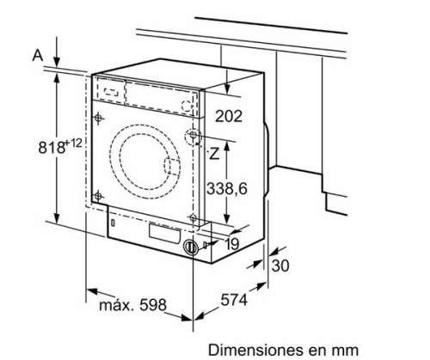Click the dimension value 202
pyautogui.click(x=229, y=116)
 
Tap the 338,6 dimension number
pyautogui.click(x=227, y=189)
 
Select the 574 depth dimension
pyautogui.click(x=234, y=301)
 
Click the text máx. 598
pyautogui.click(x=132, y=305)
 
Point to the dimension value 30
pyautogui.click(x=280, y=265)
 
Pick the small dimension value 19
pyautogui.click(x=232, y=244)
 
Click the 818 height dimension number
pyautogui.click(x=52, y=148)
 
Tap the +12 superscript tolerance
pyautogui.click(x=74, y=143)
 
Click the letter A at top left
pyautogui.click(x=38, y=55)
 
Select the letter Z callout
pyautogui.click(x=214, y=154)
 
